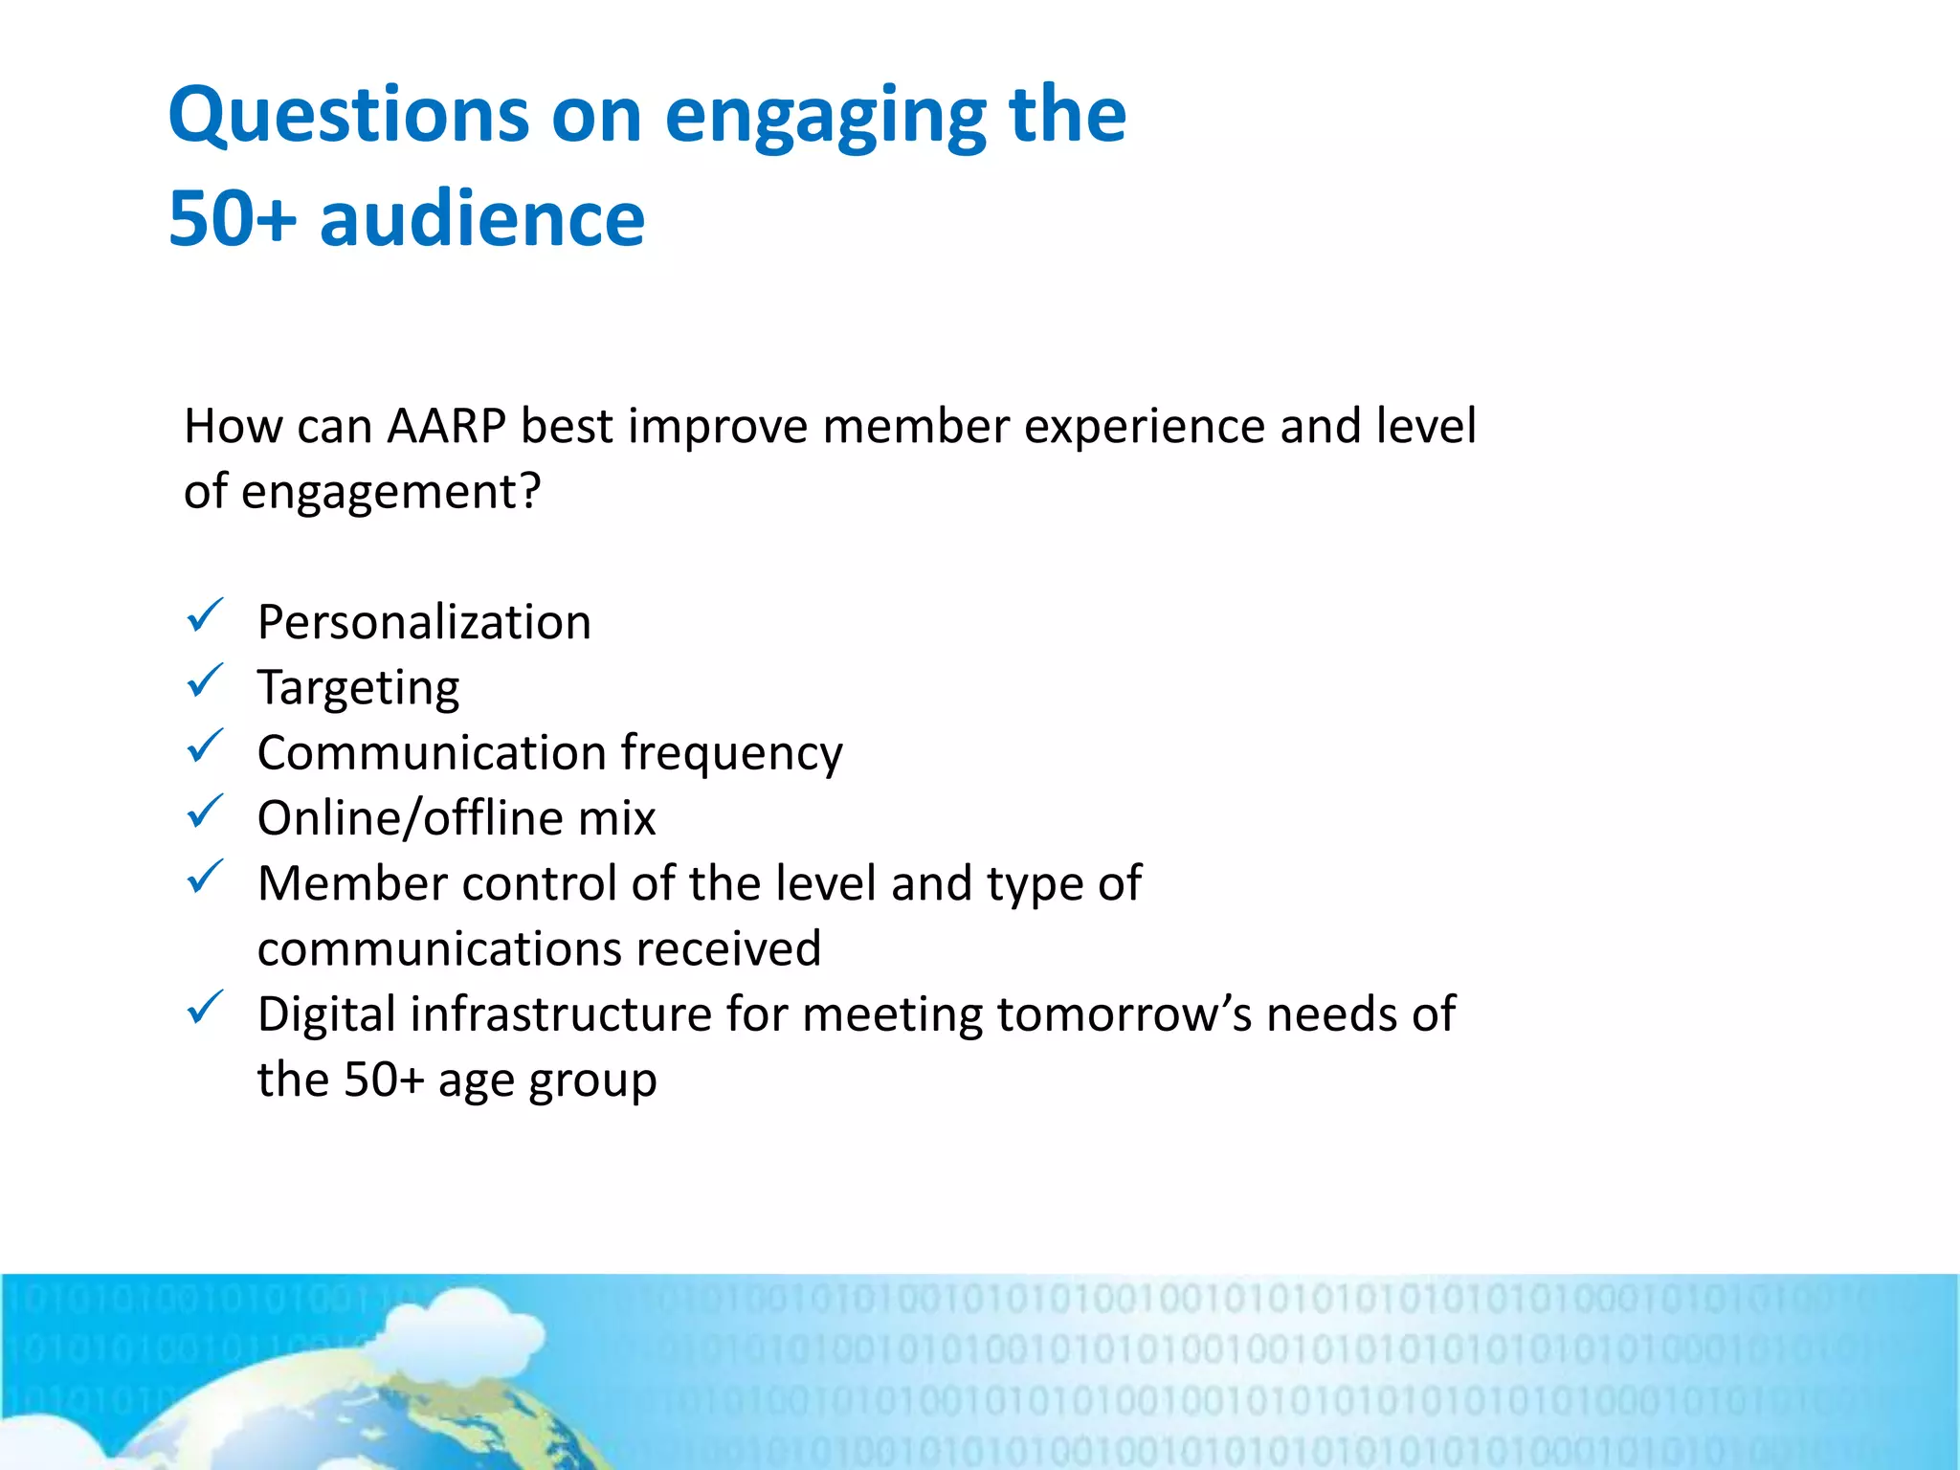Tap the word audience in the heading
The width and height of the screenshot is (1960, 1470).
click(x=482, y=219)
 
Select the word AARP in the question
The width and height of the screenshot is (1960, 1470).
click(x=446, y=426)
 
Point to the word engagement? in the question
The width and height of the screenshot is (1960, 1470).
click(x=390, y=493)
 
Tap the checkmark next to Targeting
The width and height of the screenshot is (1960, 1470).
click(x=205, y=681)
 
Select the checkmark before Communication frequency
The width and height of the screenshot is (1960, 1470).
click(x=205, y=746)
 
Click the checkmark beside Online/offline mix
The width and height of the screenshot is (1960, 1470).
click(x=205, y=812)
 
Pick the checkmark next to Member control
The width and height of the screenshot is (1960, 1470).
click(x=205, y=877)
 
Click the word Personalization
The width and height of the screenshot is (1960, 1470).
click(x=424, y=623)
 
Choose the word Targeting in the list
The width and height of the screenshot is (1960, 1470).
click(x=358, y=689)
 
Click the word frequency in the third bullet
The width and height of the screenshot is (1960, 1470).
click(x=731, y=754)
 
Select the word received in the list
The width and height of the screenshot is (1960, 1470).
click(x=728, y=949)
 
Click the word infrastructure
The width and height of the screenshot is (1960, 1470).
click(x=561, y=1014)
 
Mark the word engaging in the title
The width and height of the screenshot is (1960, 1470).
click(x=825, y=117)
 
